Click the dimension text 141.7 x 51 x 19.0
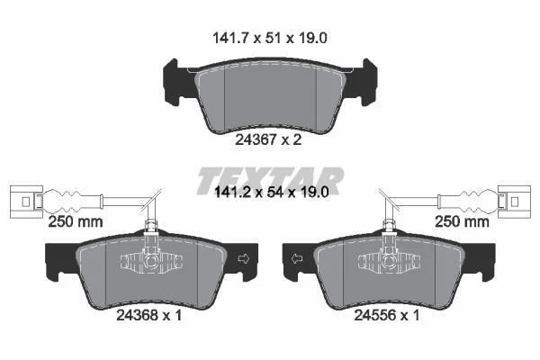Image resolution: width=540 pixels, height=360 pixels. point(270,38)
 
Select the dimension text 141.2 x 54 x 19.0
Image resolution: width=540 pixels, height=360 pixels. point(272,192)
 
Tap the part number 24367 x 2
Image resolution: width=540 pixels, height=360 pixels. point(268,139)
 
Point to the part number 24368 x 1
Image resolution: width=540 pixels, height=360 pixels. point(148,315)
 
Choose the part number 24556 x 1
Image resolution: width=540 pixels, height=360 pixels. point(387,315)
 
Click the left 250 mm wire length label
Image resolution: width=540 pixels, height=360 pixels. point(76,221)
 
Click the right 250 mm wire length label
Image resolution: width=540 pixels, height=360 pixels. point(462,221)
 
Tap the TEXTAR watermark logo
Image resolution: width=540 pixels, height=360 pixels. point(271,180)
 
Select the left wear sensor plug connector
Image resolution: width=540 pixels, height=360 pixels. point(26,202)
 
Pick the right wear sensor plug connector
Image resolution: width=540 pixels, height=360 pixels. point(515,202)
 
